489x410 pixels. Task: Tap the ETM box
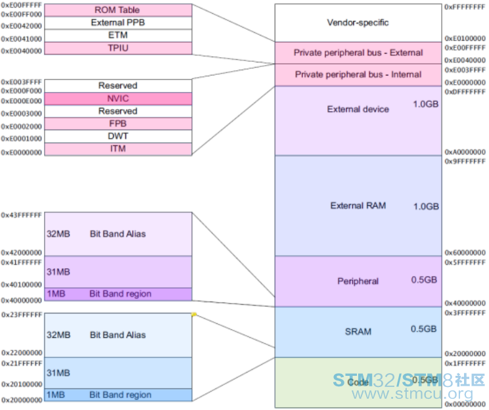click(118, 35)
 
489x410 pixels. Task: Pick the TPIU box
click(118, 48)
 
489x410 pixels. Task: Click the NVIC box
click(118, 98)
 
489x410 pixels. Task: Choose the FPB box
click(118, 124)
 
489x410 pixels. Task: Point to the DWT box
click(118, 136)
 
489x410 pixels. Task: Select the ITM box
click(118, 148)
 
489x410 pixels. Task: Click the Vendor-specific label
click(358, 22)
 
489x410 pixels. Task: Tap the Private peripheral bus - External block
click(358, 53)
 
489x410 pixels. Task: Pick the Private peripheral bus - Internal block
click(358, 74)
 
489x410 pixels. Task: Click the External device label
click(358, 109)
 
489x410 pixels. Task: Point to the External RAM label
click(358, 206)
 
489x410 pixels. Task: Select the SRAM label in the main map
click(358, 332)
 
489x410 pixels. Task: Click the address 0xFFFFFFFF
click(465, 6)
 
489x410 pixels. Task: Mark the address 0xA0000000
click(465, 152)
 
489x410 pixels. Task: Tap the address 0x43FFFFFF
click(22, 216)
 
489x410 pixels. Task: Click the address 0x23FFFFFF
click(22, 316)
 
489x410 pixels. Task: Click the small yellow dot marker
click(194, 315)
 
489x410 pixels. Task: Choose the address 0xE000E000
click(22, 101)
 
